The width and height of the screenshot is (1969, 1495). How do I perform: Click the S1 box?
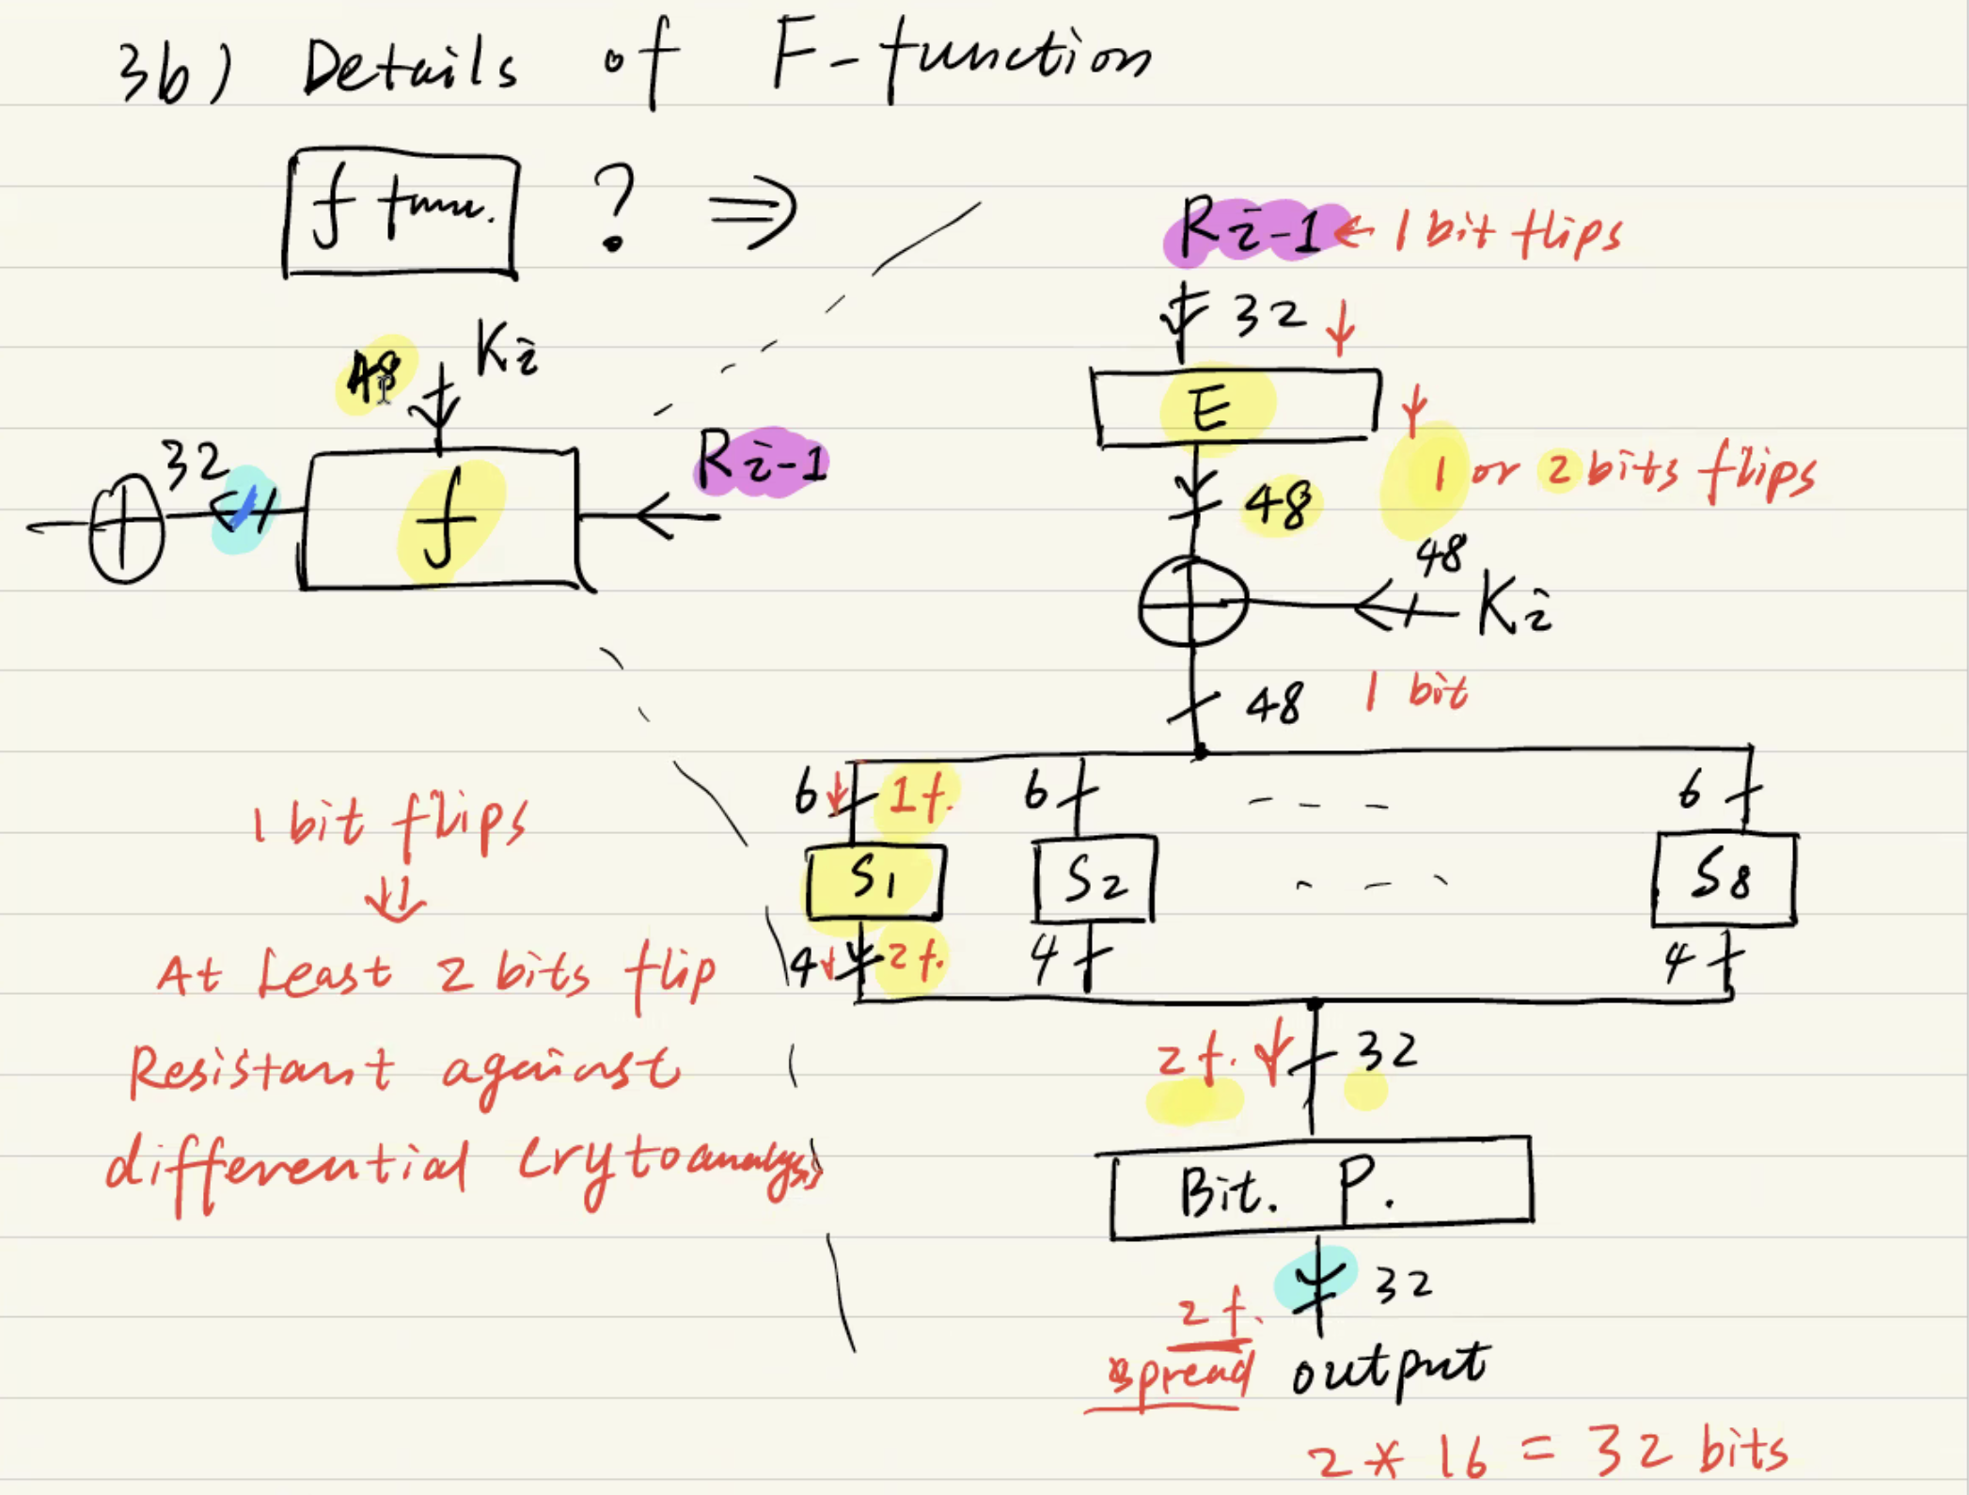pyautogui.click(x=874, y=881)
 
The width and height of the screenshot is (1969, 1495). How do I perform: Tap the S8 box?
pyautogui.click(x=1725, y=880)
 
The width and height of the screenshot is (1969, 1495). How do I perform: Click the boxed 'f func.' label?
pyautogui.click(x=402, y=213)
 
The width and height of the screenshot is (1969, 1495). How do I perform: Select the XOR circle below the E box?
pyautogui.click(x=1192, y=603)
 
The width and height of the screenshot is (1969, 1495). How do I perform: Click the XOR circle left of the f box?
pyautogui.click(x=126, y=528)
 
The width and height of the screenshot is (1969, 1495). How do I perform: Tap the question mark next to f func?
pyautogui.click(x=615, y=207)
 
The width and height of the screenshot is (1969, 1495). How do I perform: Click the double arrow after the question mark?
pyautogui.click(x=754, y=210)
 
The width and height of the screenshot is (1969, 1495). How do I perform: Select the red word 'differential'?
pyautogui.click(x=287, y=1166)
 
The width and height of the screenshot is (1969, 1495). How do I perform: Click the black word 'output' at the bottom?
pyautogui.click(x=1390, y=1370)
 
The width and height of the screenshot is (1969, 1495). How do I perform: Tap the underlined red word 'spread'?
pyautogui.click(x=1179, y=1375)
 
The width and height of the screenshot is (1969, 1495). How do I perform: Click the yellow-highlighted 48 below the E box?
pyautogui.click(x=1279, y=505)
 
